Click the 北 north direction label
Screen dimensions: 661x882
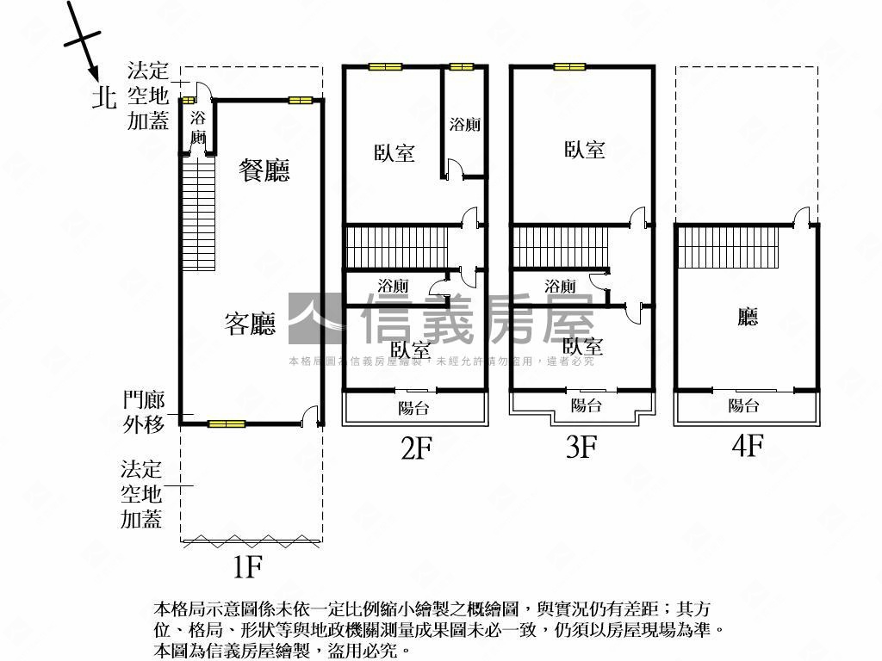(x=105, y=98)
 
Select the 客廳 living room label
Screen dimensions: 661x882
(x=250, y=324)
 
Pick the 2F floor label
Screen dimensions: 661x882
(x=415, y=448)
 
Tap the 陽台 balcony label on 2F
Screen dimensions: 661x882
(x=413, y=408)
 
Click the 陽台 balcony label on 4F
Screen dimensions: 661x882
(x=744, y=406)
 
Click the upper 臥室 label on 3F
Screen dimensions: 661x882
(x=585, y=150)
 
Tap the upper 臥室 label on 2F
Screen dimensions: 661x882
(x=394, y=153)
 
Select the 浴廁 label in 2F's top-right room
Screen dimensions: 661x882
(x=465, y=124)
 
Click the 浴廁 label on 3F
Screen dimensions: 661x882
(x=560, y=287)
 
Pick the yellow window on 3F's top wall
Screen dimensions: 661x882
(x=569, y=66)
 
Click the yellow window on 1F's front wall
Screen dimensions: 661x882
(x=227, y=423)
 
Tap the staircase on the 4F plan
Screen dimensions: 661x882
(x=726, y=247)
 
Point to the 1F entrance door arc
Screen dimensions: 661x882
(x=311, y=417)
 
